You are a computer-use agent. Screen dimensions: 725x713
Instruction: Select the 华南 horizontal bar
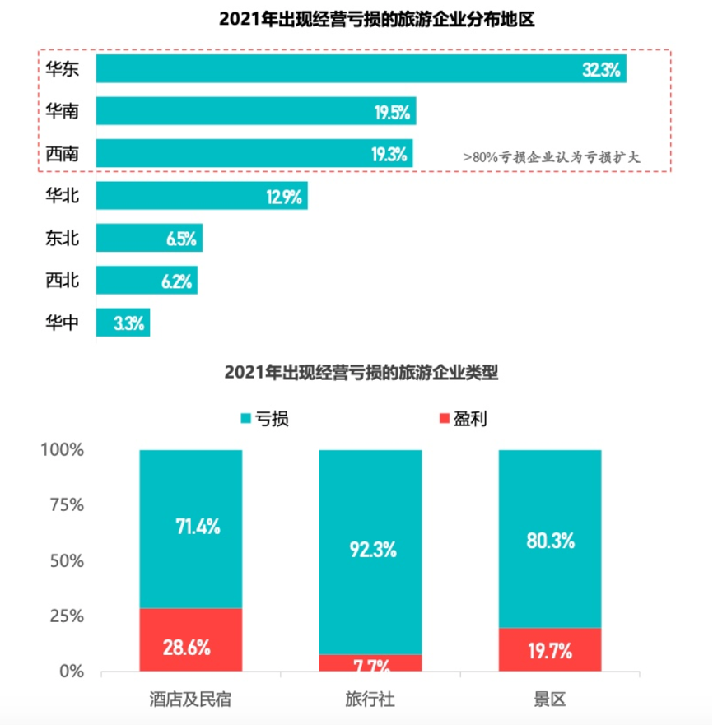[x=255, y=111]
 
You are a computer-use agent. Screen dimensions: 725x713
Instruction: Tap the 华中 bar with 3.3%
[x=123, y=323]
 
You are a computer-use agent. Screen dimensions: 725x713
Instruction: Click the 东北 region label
[x=62, y=239]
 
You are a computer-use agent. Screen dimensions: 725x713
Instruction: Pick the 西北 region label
[x=62, y=281]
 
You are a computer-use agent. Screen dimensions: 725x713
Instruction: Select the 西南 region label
[x=62, y=153]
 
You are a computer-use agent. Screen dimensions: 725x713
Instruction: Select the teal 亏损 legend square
[x=245, y=419]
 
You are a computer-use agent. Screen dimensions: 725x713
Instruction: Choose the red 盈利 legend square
[x=445, y=419]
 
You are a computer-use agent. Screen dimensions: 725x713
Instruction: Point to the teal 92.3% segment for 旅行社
[x=370, y=551]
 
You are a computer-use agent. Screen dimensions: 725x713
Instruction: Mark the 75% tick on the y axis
[x=64, y=505]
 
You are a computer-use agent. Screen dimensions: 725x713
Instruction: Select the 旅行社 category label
[x=370, y=700]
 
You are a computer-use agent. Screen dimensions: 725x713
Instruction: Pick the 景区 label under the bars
[x=550, y=700]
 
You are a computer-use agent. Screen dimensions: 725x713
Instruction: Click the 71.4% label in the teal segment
[x=197, y=527]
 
